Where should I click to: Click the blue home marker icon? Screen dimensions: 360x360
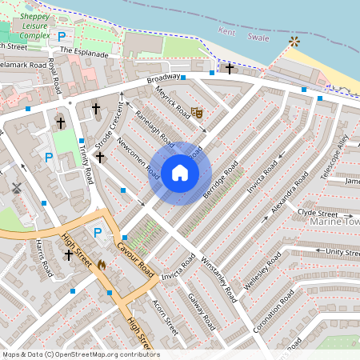coord(180,173)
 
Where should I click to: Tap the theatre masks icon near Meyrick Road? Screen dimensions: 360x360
coord(197,114)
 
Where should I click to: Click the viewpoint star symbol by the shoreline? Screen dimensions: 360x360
coord(295,41)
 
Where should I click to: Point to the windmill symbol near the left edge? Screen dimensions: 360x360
coord(16,188)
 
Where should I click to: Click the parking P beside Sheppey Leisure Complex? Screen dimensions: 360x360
coord(62,37)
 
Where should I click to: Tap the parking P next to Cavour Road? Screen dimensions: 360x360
coord(98,233)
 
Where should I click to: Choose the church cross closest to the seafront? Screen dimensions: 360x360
coord(229,68)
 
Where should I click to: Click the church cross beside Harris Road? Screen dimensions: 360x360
coord(69,255)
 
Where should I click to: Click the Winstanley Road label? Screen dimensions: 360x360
coord(218,278)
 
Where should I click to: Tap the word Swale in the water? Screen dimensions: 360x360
coord(257,37)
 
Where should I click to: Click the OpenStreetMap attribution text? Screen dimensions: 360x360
coord(80,354)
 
